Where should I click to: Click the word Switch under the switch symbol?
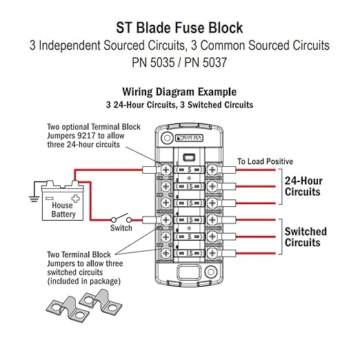pos(121,228)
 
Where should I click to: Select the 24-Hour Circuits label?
pos(303,186)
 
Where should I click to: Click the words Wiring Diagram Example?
pos(179,92)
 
